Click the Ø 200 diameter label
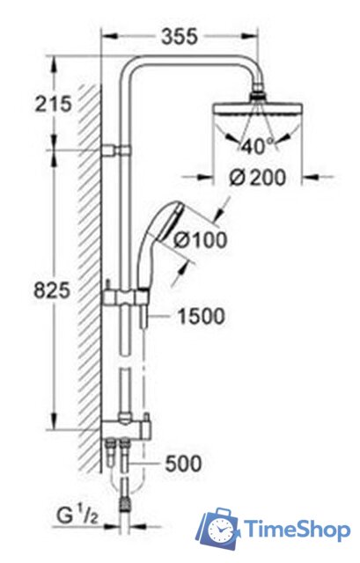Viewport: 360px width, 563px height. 257,177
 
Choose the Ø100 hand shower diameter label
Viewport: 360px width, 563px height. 200,238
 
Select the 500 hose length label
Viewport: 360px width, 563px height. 183,463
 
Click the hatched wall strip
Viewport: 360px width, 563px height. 91,264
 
